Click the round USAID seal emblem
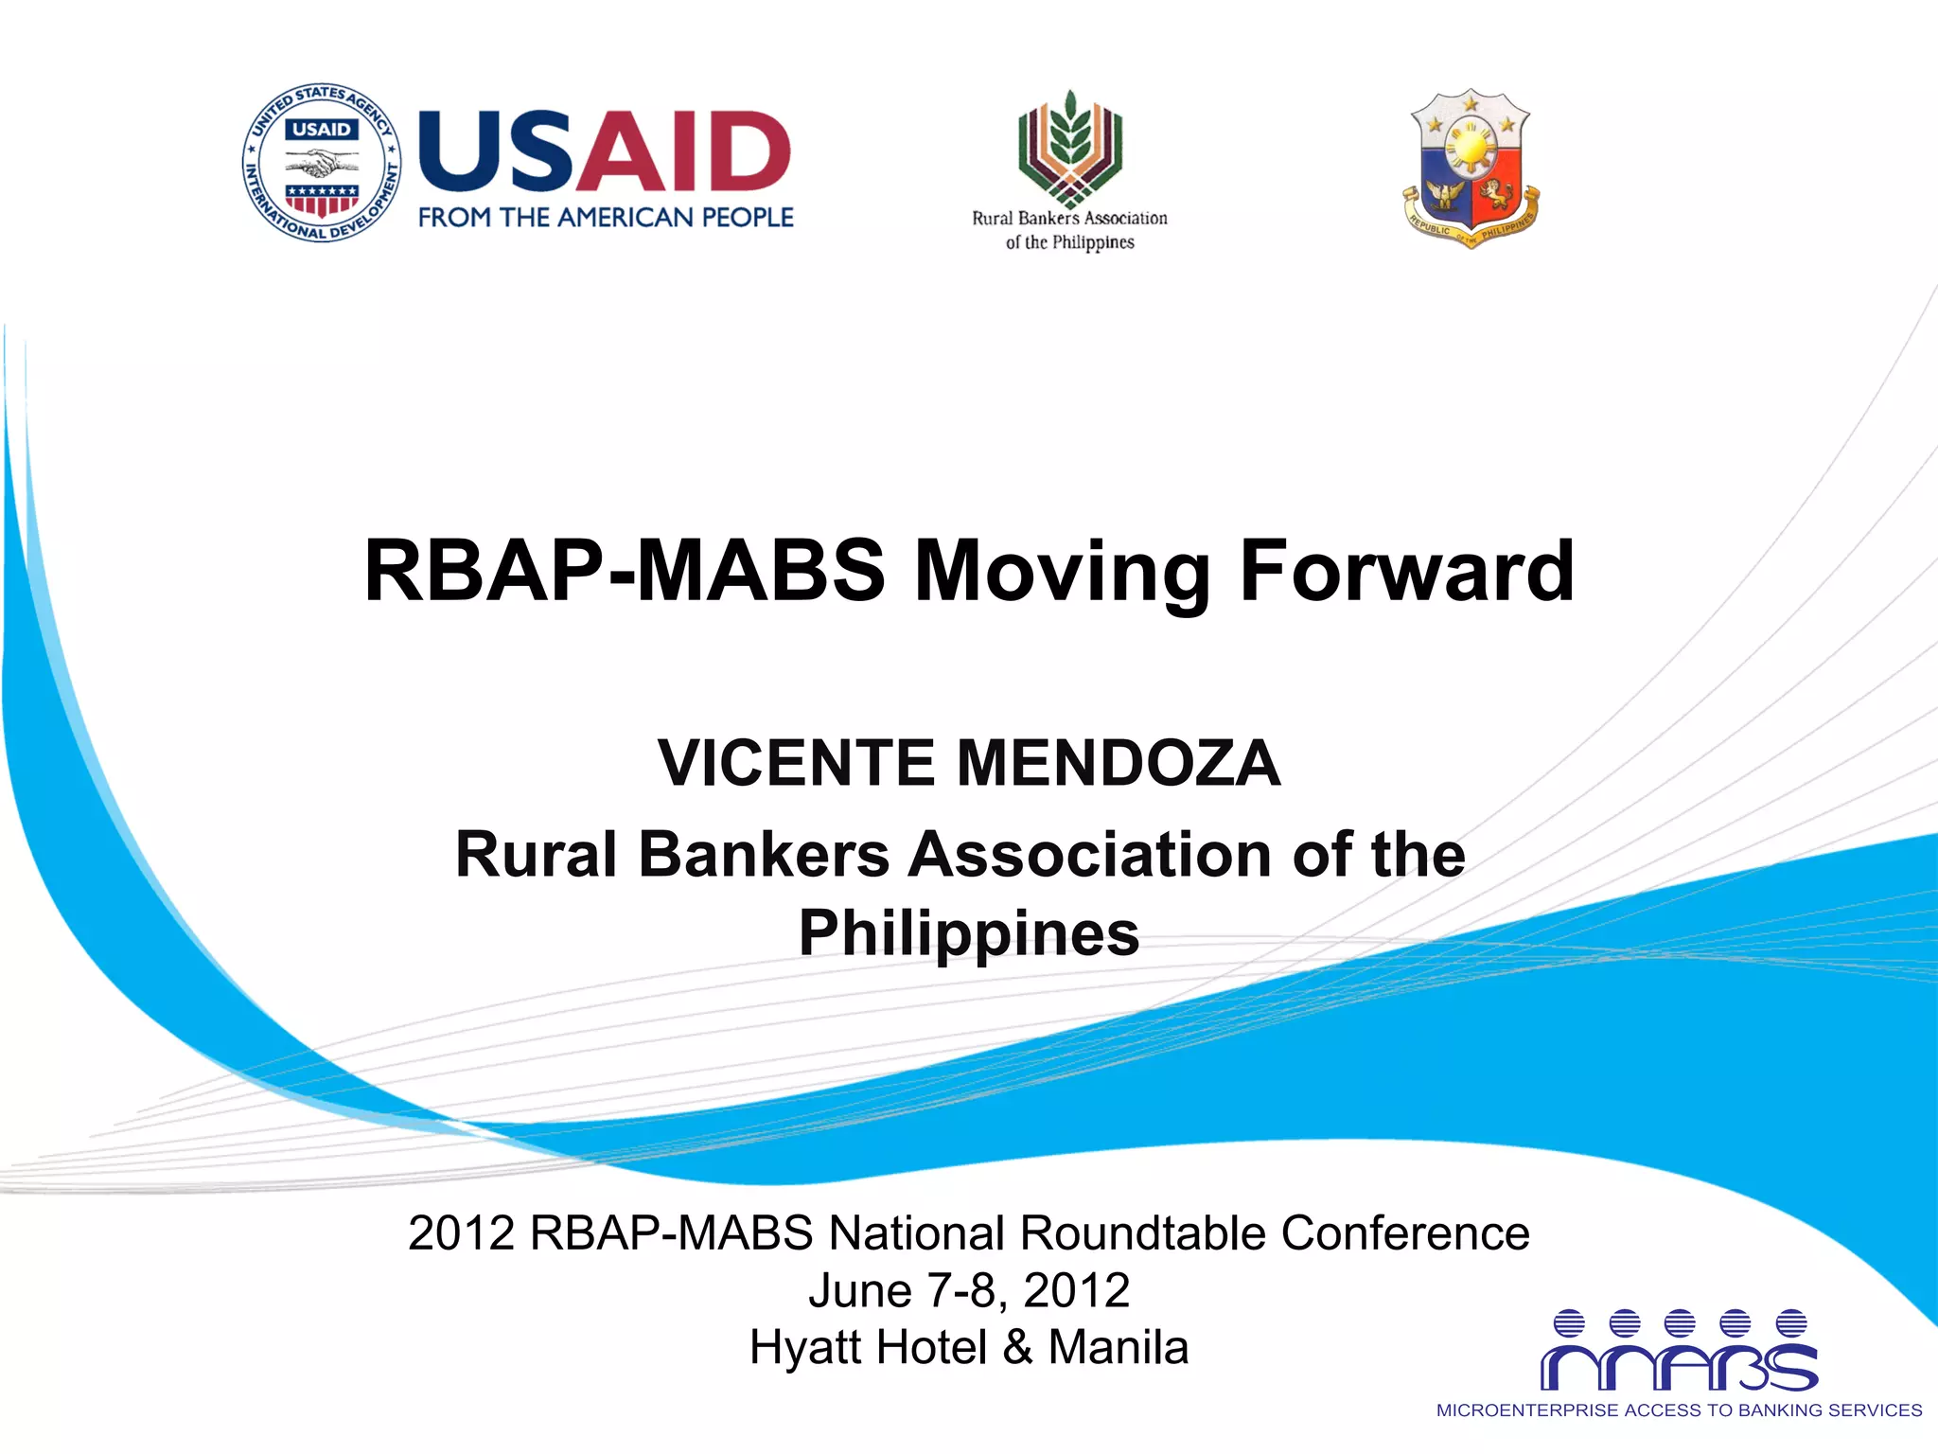pos(322,162)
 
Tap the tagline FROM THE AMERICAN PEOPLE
pos(606,218)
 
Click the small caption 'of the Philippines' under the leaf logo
pos(1069,242)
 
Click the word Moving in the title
pos(1062,571)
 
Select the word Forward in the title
pos(1406,571)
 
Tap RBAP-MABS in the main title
pos(625,571)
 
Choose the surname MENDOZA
pos(1119,763)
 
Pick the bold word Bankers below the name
pos(764,854)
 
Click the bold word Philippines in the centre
pos(969,933)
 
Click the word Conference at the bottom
pos(1405,1232)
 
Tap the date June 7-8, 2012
pos(969,1290)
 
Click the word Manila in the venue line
pos(1118,1347)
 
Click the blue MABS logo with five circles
pos(1679,1352)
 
